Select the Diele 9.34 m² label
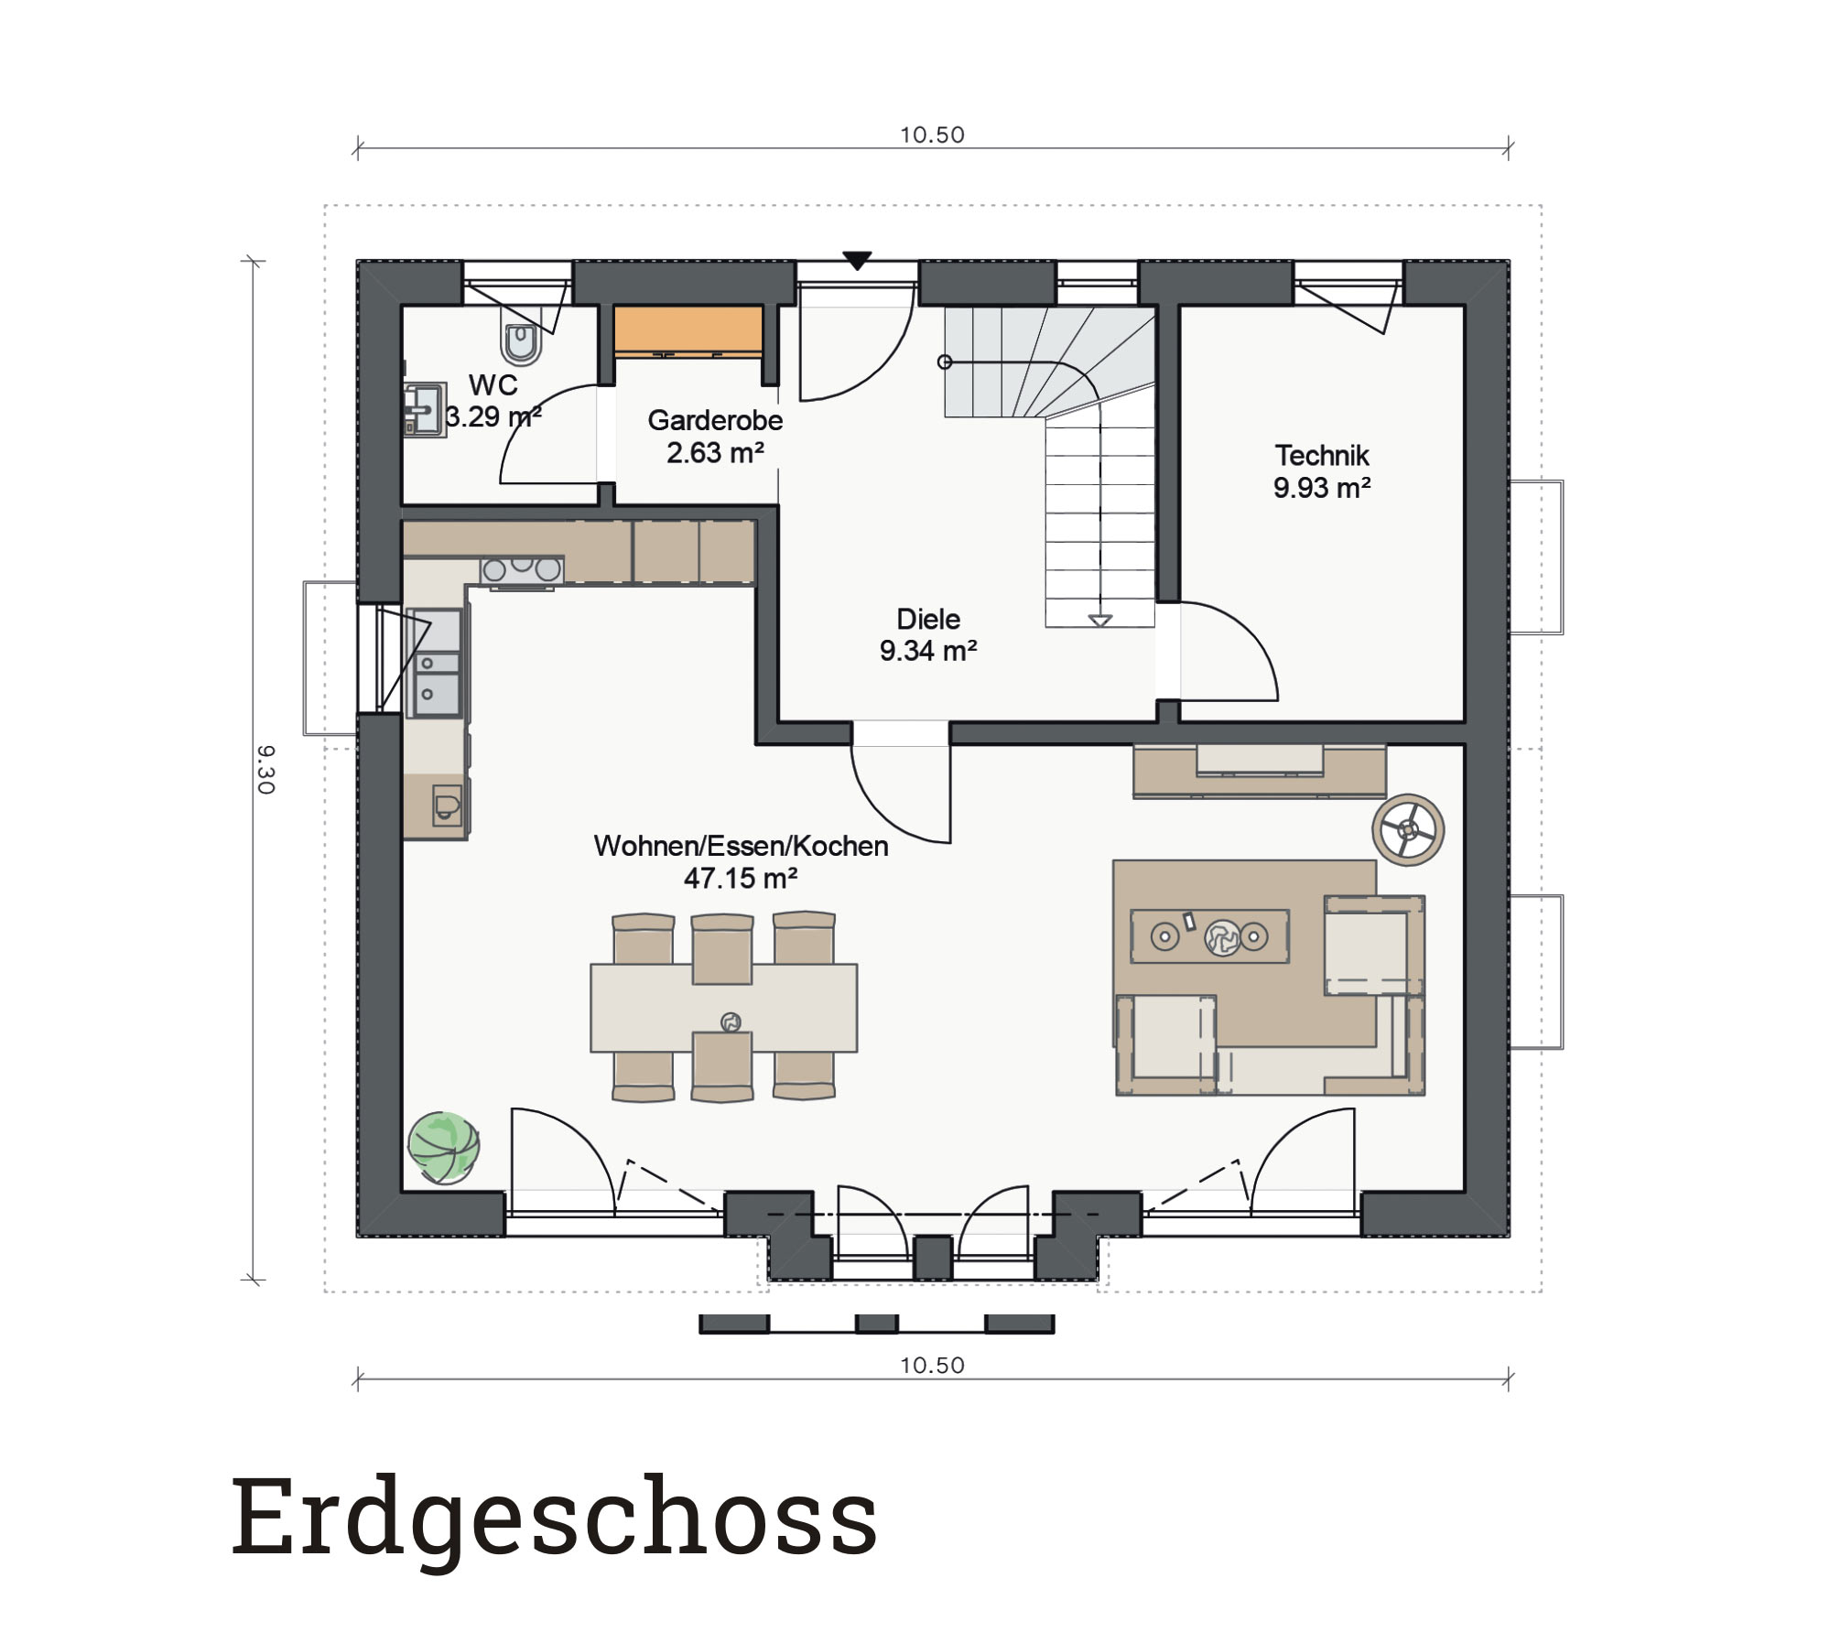pyautogui.click(x=928, y=634)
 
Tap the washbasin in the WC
pyautogui.click(x=425, y=409)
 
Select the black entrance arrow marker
pyautogui.click(x=857, y=261)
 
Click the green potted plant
pyautogui.click(x=444, y=1147)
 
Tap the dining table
pyautogui.click(x=723, y=1007)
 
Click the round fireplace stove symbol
pyautogui.click(x=1408, y=830)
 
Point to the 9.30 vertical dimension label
pyautogui.click(x=265, y=769)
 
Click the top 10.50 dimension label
pyautogui.click(x=932, y=135)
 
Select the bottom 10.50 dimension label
pyautogui.click(x=932, y=1365)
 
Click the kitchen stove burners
pyautogui.click(x=522, y=568)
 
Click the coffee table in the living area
pyautogui.click(x=1209, y=935)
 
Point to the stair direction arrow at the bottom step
pyautogui.click(x=1100, y=621)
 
